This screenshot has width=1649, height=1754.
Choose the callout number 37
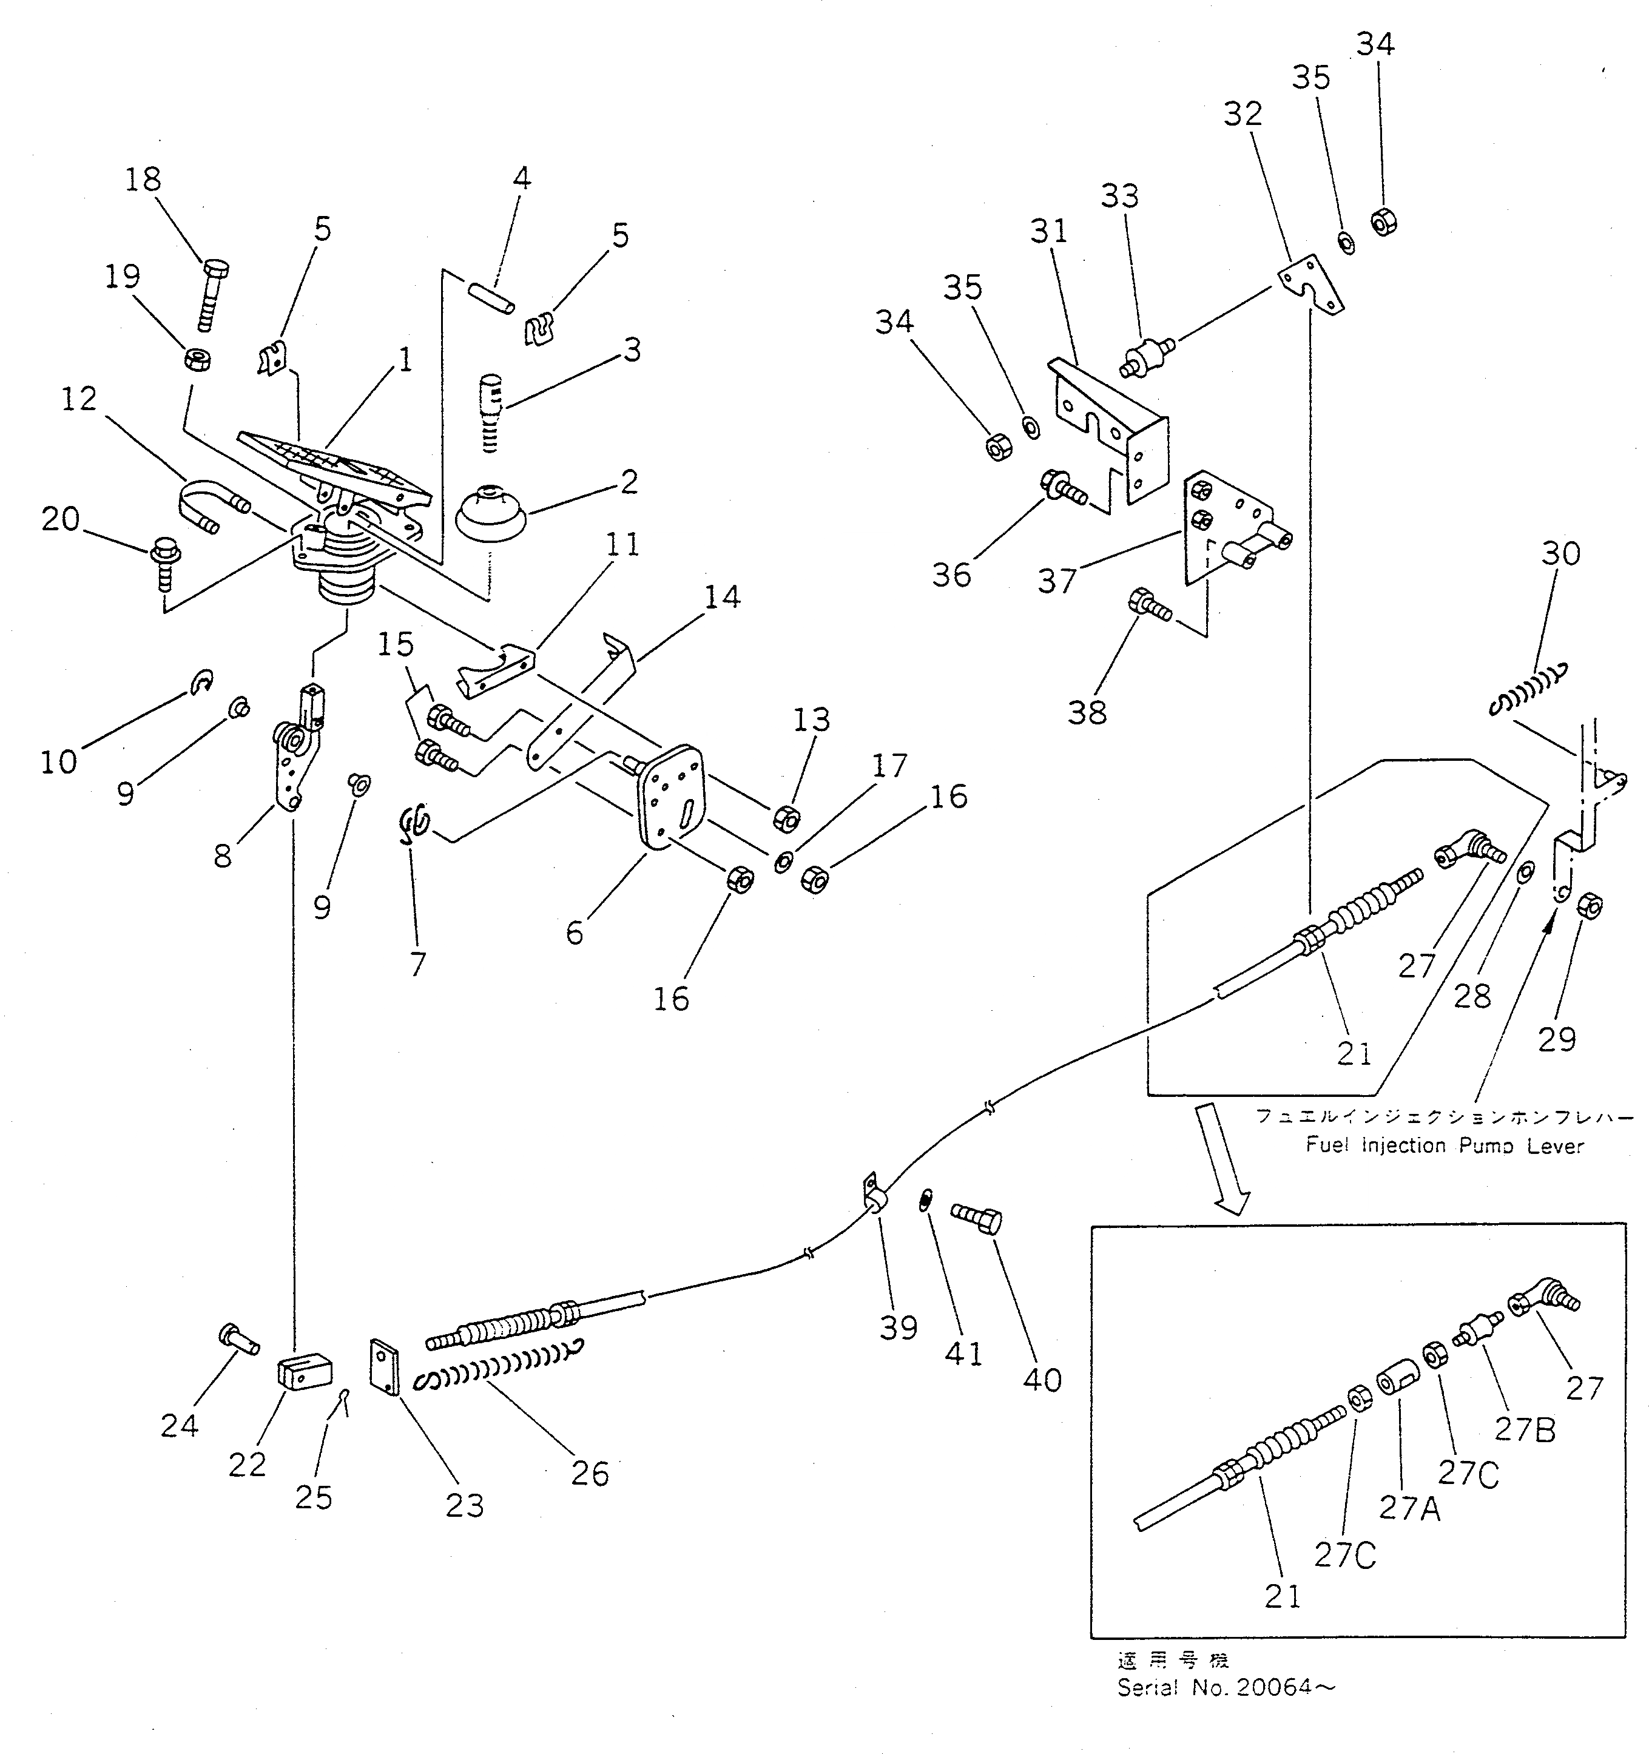tap(1056, 581)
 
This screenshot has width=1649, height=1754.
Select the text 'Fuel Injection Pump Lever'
tap(1445, 1146)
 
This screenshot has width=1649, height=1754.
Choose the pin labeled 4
tap(492, 297)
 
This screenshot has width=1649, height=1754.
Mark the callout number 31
tap(1049, 231)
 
